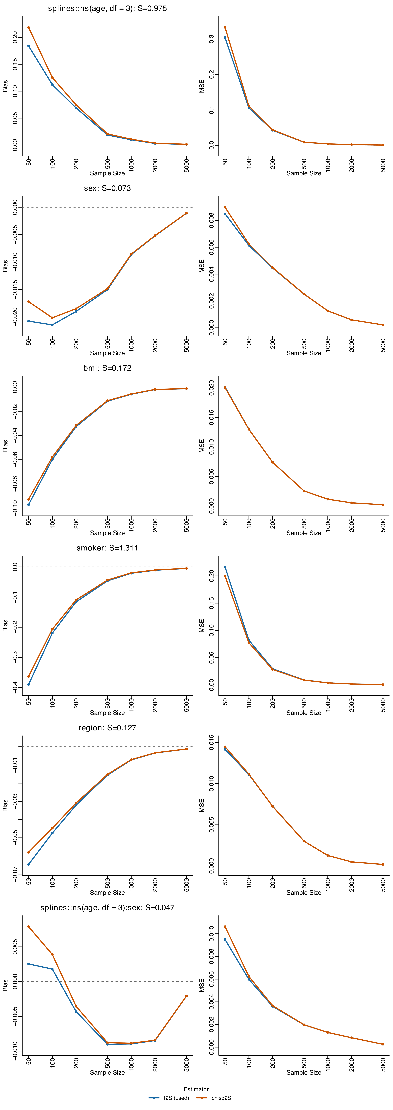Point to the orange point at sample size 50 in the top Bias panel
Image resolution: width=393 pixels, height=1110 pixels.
click(28, 28)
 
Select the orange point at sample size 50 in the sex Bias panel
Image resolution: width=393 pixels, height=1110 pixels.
click(28, 302)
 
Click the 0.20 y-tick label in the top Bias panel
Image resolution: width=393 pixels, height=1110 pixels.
click(15, 37)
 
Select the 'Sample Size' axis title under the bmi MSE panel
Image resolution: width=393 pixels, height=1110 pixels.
click(304, 533)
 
